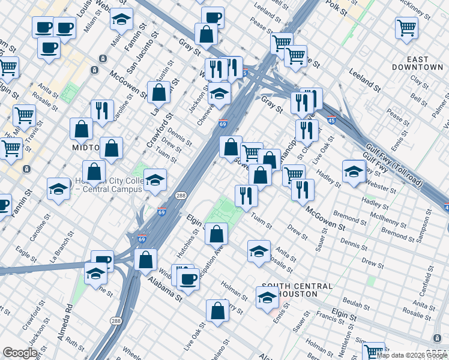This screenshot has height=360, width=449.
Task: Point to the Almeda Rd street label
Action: point(65,322)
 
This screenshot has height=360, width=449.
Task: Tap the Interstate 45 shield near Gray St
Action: point(331,121)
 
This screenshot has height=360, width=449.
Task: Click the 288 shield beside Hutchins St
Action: point(181,196)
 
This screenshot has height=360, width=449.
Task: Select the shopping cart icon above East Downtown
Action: point(407,28)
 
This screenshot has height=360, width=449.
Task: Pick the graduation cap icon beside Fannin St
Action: point(122,19)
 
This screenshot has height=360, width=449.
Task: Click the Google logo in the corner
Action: point(20,352)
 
